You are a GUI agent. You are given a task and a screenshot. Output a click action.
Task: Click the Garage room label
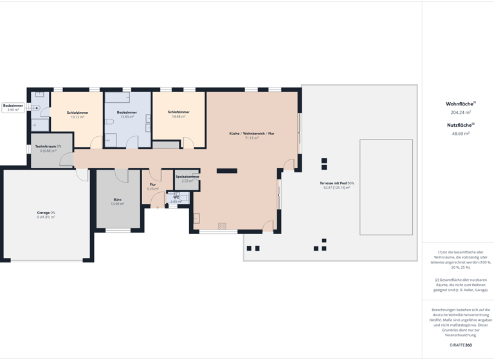(46, 212)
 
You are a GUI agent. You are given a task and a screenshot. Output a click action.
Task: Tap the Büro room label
(117, 200)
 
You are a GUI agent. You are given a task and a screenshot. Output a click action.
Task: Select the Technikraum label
(48, 147)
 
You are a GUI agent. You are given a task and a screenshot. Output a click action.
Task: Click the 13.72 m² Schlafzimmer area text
(77, 117)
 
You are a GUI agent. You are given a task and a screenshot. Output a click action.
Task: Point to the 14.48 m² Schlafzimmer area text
(178, 116)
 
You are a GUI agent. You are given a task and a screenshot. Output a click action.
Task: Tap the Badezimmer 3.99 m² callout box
(13, 107)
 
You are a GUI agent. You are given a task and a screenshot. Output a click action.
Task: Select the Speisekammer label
(187, 177)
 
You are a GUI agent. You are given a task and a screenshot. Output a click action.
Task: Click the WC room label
(176, 197)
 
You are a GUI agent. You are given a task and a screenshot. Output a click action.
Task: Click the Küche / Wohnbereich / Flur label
(252, 134)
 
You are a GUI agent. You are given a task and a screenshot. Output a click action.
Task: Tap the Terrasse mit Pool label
(336, 183)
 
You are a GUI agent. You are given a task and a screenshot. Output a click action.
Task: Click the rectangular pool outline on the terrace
(386, 186)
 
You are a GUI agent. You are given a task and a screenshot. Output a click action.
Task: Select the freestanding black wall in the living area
(226, 171)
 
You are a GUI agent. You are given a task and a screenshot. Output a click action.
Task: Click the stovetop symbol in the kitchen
(222, 226)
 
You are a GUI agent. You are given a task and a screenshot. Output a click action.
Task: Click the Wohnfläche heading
(460, 104)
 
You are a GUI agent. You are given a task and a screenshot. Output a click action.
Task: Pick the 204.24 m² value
(461, 113)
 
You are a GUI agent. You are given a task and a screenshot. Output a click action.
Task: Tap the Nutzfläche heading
(460, 125)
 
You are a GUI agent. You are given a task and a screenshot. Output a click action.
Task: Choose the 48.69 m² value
(461, 134)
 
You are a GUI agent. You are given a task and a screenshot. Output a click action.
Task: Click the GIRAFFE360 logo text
(461, 345)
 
